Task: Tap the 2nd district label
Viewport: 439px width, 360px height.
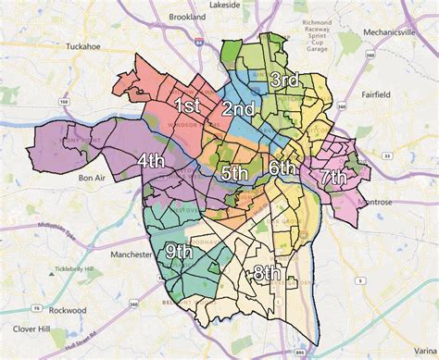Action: pos(238,109)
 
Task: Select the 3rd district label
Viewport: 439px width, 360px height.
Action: pos(283,80)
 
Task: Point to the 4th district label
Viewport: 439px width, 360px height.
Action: pos(152,160)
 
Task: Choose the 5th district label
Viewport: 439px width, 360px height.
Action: pos(234,173)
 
